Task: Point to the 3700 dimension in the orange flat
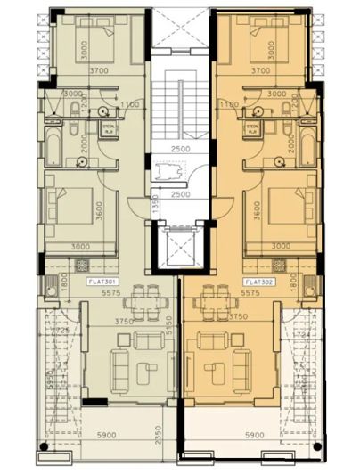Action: coord(260,69)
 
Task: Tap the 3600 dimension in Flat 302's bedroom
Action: coord(256,212)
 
